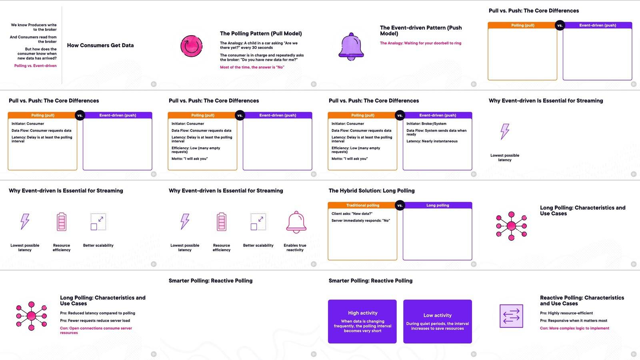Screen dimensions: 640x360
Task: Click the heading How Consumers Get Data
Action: pyautogui.click(x=100, y=45)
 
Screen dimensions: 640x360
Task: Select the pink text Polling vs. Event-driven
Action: pyautogui.click(x=36, y=66)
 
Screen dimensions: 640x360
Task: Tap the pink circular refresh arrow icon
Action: pyautogui.click(x=192, y=46)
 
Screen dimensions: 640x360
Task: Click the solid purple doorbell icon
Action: pyautogui.click(x=351, y=46)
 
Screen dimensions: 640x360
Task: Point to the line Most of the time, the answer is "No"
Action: pyautogui.click(x=252, y=67)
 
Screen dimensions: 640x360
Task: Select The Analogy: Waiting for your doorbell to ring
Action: pyautogui.click(x=420, y=43)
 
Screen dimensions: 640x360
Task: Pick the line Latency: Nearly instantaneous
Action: pyautogui.click(x=432, y=141)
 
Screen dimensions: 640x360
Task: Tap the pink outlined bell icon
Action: pyautogui.click(x=296, y=222)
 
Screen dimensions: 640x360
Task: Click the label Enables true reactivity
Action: pyautogui.click(x=295, y=248)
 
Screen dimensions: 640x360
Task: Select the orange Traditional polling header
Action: pyautogui.click(x=362, y=205)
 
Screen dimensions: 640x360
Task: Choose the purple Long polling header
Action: pyautogui.click(x=438, y=205)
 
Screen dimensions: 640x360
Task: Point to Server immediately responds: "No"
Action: pyautogui.click(x=360, y=220)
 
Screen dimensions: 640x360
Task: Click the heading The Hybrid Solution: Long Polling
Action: pyautogui.click(x=372, y=190)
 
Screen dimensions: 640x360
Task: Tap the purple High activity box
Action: pyautogui.click(x=362, y=322)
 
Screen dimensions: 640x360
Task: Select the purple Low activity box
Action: pyautogui.click(x=438, y=322)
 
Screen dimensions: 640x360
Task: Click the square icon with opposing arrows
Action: pyautogui.click(x=511, y=316)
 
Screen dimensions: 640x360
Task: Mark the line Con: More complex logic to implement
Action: pyautogui.click(x=574, y=328)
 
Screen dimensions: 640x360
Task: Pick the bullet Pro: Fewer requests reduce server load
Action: pyautogui.click(x=95, y=320)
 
